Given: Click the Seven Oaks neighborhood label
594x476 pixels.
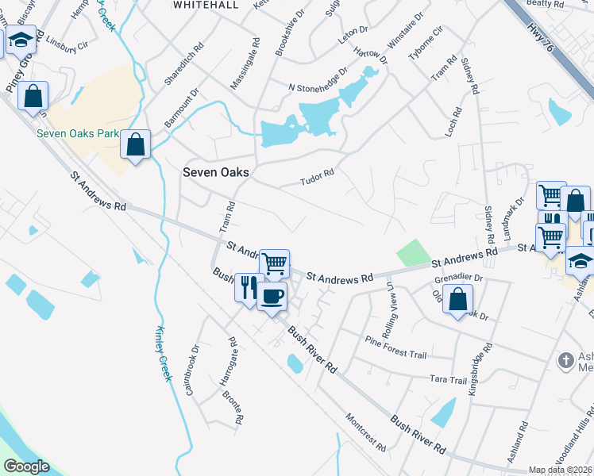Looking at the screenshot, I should (216, 172).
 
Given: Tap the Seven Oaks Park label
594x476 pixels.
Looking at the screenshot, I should (77, 133).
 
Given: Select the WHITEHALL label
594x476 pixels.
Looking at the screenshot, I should (206, 5).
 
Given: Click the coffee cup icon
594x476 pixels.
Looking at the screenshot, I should (272, 297).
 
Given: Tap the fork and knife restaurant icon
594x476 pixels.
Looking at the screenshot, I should (249, 286).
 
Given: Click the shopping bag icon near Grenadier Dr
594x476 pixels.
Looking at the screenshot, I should (458, 300).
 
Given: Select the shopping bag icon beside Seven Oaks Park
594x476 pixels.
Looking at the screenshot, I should (136, 145).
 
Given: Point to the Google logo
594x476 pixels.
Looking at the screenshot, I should (26, 466).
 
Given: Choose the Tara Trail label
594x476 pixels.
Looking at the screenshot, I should (448, 380).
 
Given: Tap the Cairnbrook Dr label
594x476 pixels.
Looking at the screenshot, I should (191, 370).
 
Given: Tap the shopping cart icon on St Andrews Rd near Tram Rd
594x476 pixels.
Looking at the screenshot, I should (274, 263).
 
